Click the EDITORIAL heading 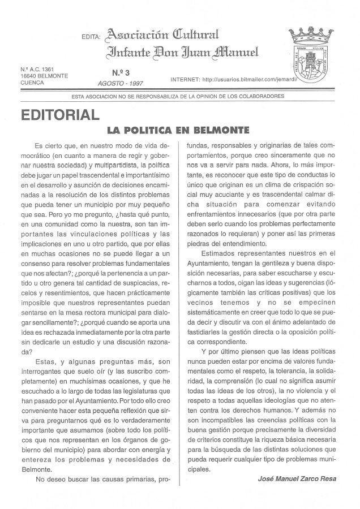(58, 115)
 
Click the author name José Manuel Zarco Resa (297, 478)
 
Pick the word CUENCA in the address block (32, 82)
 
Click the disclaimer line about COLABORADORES (179, 96)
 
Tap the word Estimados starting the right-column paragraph (221, 254)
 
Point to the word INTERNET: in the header (184, 80)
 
